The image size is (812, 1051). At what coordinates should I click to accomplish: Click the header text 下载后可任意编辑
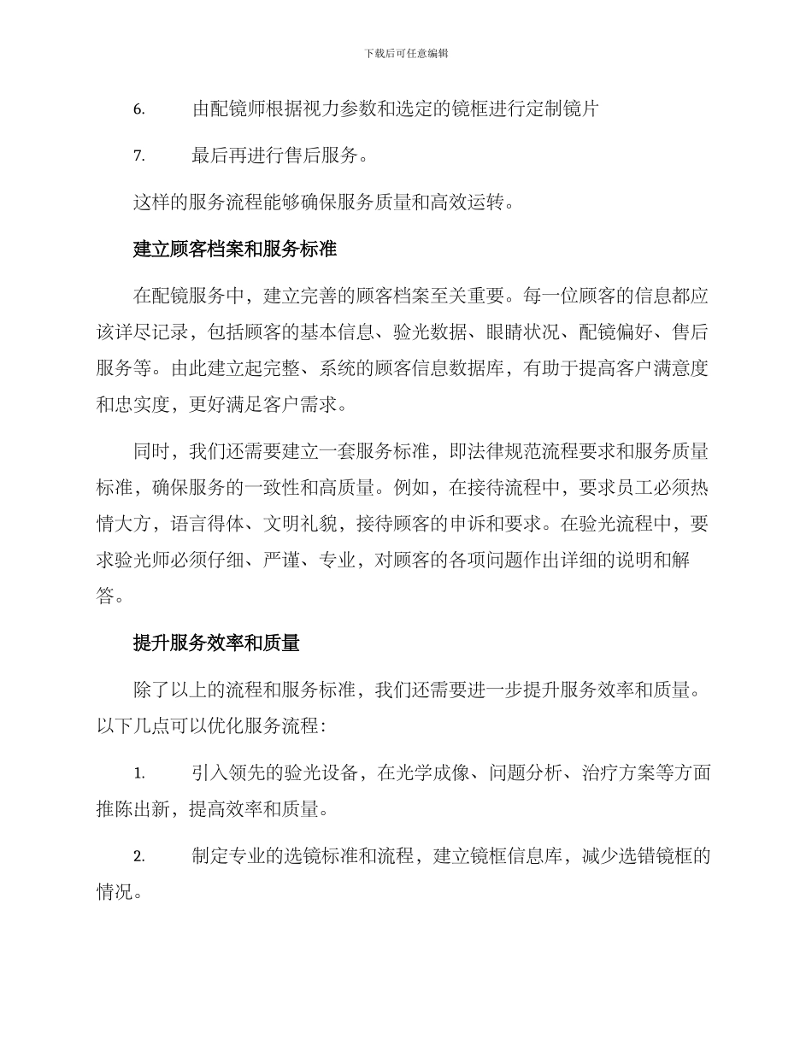coord(406,53)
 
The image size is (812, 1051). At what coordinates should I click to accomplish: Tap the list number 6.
coord(139,109)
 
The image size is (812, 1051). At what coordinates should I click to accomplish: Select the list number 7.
coord(139,156)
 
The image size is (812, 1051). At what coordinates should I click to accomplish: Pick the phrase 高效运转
coord(468,203)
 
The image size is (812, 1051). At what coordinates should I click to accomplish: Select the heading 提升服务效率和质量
coord(216,643)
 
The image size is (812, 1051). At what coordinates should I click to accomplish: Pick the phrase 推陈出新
coord(133,809)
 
